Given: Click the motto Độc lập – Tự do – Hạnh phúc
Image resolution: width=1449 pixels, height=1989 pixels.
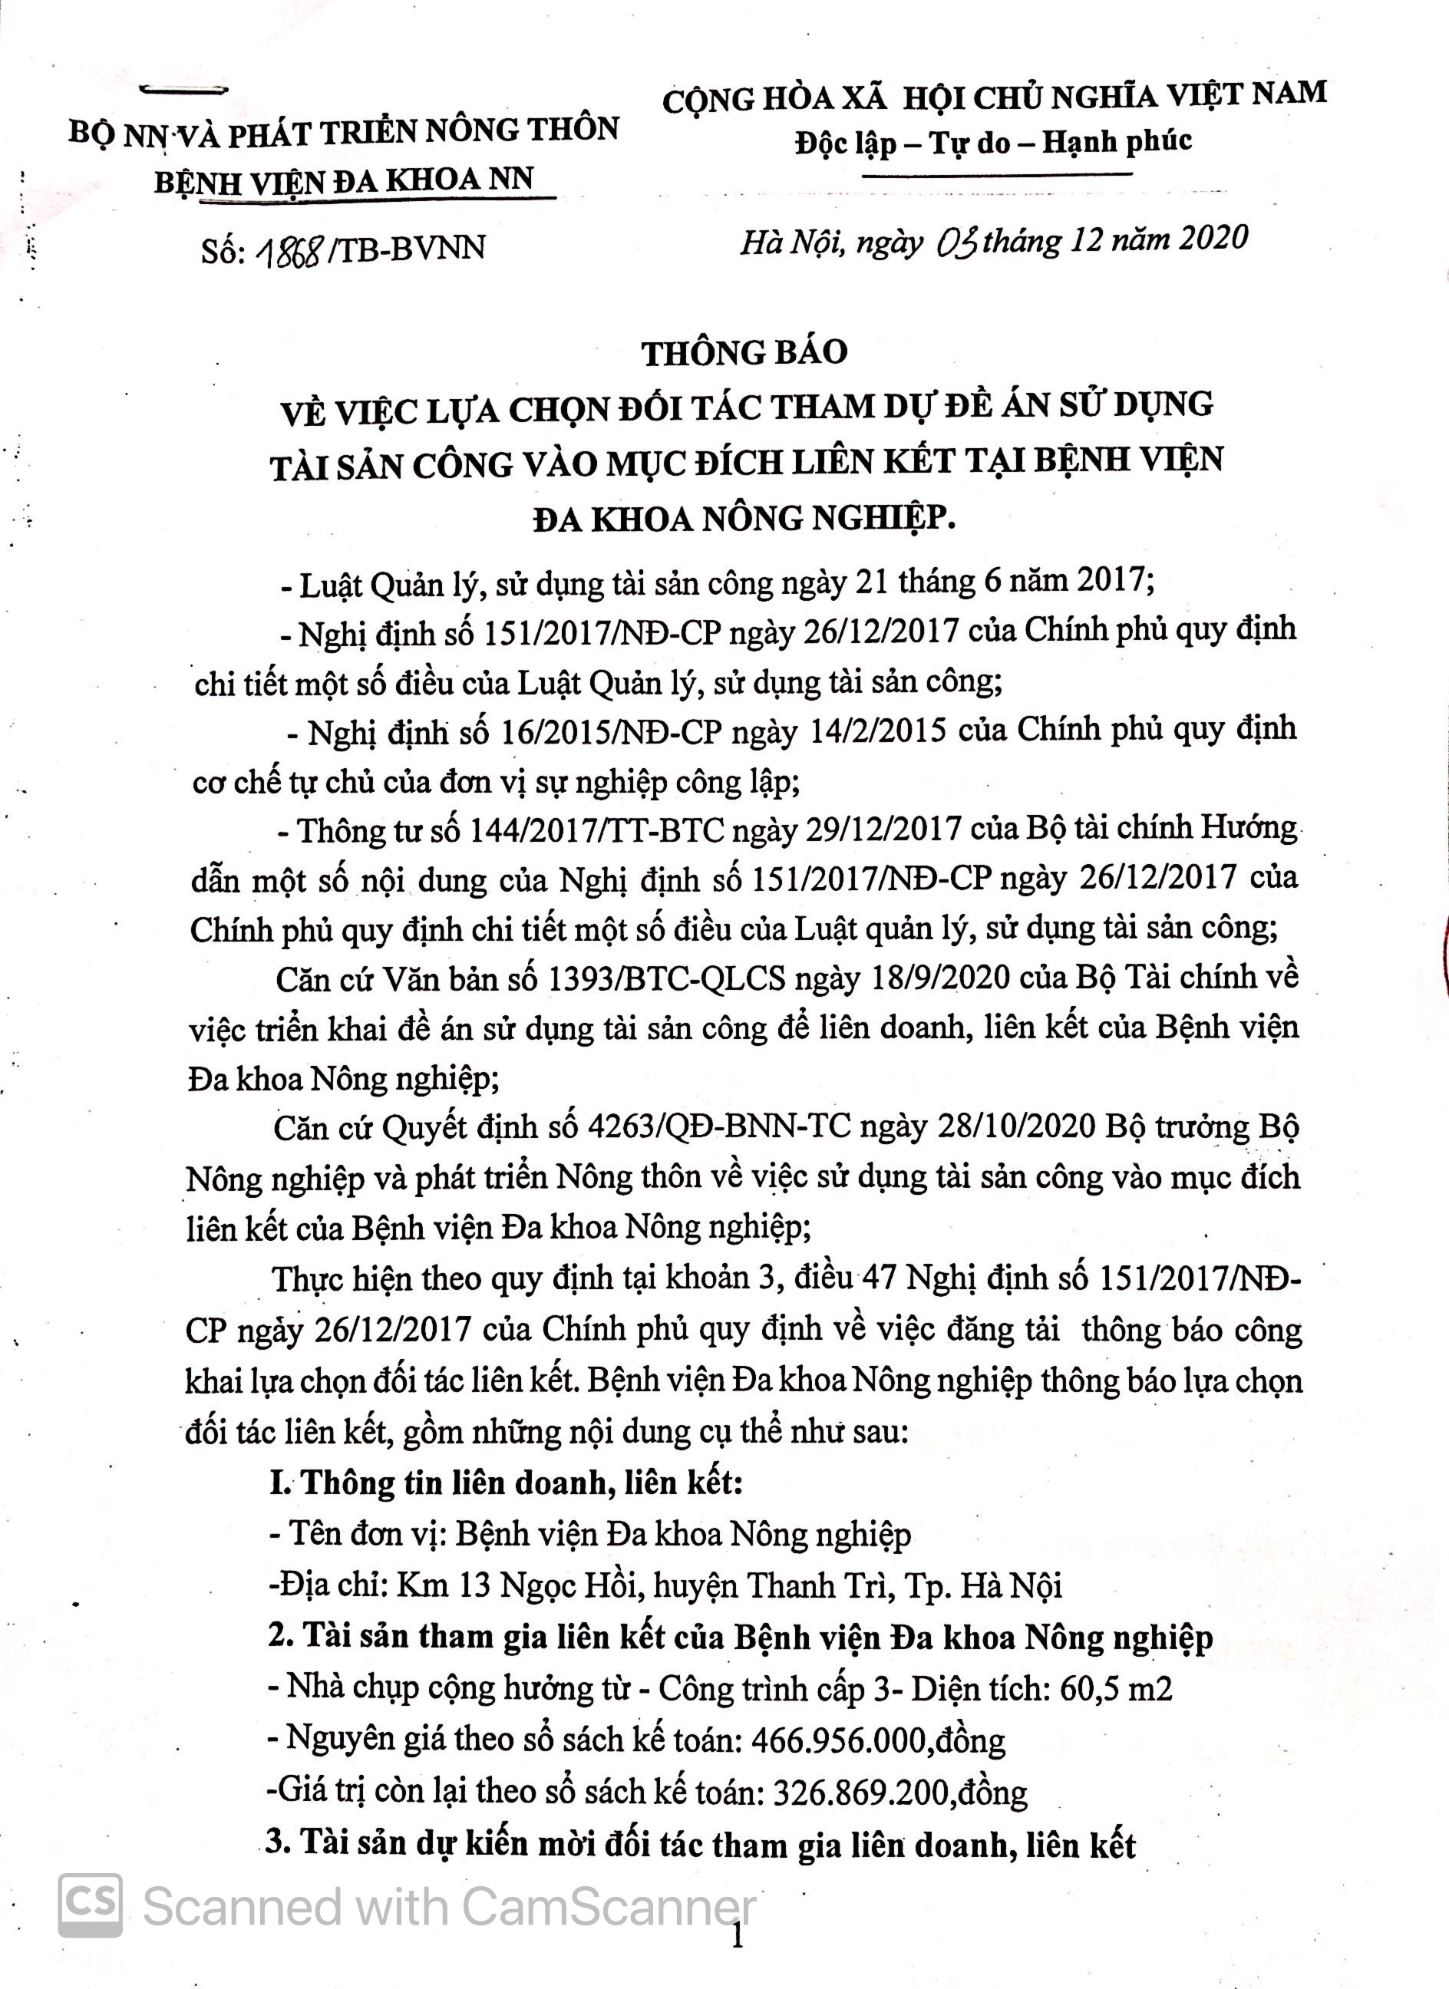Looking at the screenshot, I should (993, 142).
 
